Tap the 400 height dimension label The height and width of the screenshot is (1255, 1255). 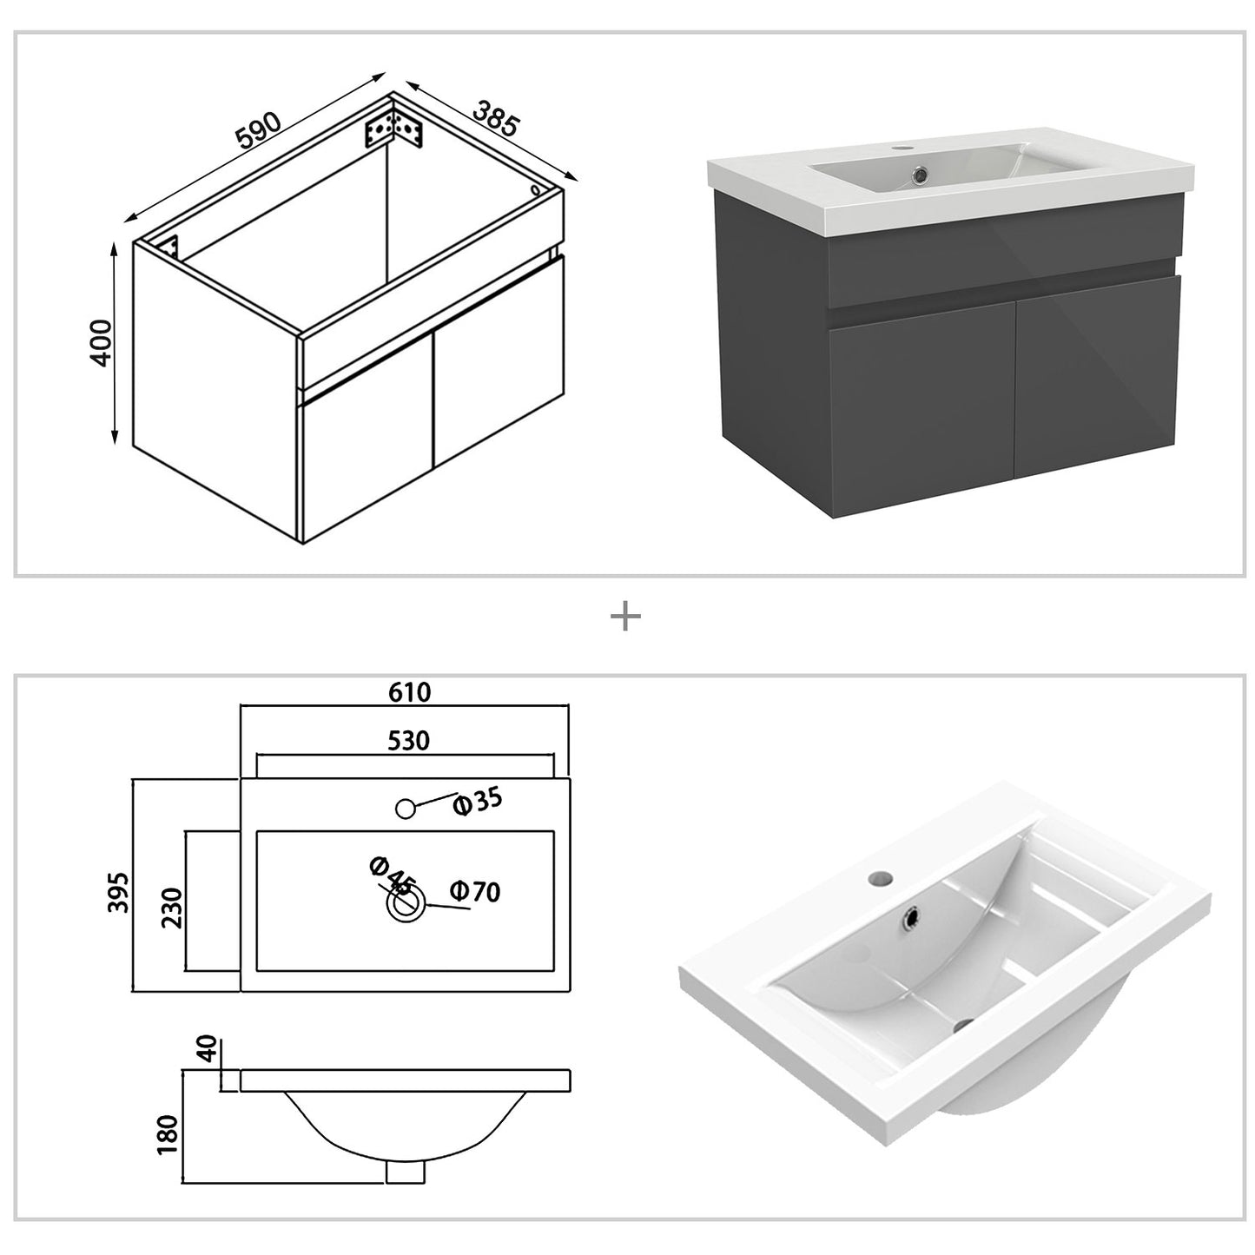coord(102,343)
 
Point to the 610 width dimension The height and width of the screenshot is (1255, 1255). coord(409,692)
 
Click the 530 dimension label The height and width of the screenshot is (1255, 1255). coord(407,740)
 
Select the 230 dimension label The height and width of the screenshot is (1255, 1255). coord(172,908)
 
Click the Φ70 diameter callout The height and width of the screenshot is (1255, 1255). coord(475,891)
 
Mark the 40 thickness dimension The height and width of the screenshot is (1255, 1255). coord(206,1050)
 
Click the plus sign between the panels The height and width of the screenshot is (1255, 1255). coord(625,618)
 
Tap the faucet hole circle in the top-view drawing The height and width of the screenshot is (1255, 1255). coord(405,809)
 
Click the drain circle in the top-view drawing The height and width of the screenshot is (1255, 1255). coord(405,905)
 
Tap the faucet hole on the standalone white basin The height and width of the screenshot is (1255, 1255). coord(879,878)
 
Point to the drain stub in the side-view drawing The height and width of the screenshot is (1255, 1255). coord(404,1172)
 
